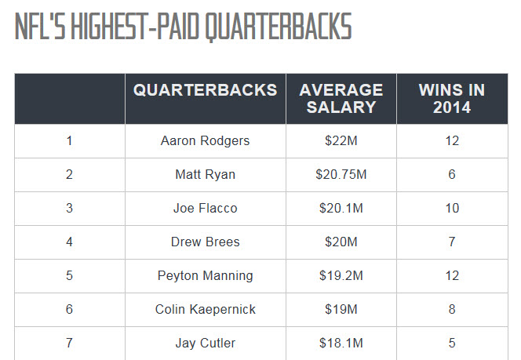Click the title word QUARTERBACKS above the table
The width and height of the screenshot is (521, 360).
[x=278, y=27]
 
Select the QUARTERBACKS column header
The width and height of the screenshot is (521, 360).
[x=206, y=90]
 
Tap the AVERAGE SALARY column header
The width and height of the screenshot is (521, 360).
[x=341, y=99]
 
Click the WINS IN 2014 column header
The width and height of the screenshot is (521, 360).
[x=451, y=99]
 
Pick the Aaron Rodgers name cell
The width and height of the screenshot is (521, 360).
[x=206, y=141]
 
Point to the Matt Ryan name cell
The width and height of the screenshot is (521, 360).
[x=206, y=175]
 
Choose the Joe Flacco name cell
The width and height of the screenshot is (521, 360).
[x=206, y=209]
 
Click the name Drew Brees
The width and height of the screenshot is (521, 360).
[x=206, y=242]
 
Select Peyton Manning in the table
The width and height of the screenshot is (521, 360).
[x=206, y=276]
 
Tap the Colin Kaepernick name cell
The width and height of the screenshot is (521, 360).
[x=206, y=310]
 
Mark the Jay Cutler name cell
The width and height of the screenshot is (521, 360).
[x=206, y=344]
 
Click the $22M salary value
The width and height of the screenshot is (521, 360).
[x=341, y=141]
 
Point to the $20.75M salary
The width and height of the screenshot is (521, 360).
[x=341, y=175]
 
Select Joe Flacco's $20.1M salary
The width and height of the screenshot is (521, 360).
[x=341, y=209]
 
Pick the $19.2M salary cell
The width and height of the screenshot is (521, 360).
[x=341, y=276]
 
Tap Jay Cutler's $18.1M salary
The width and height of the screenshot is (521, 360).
[x=341, y=344]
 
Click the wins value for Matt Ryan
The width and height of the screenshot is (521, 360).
[x=452, y=175]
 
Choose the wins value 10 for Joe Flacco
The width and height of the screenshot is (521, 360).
[x=452, y=209]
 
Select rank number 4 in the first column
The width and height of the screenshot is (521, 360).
[x=69, y=242]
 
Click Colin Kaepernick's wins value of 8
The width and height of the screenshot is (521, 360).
[x=452, y=310]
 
